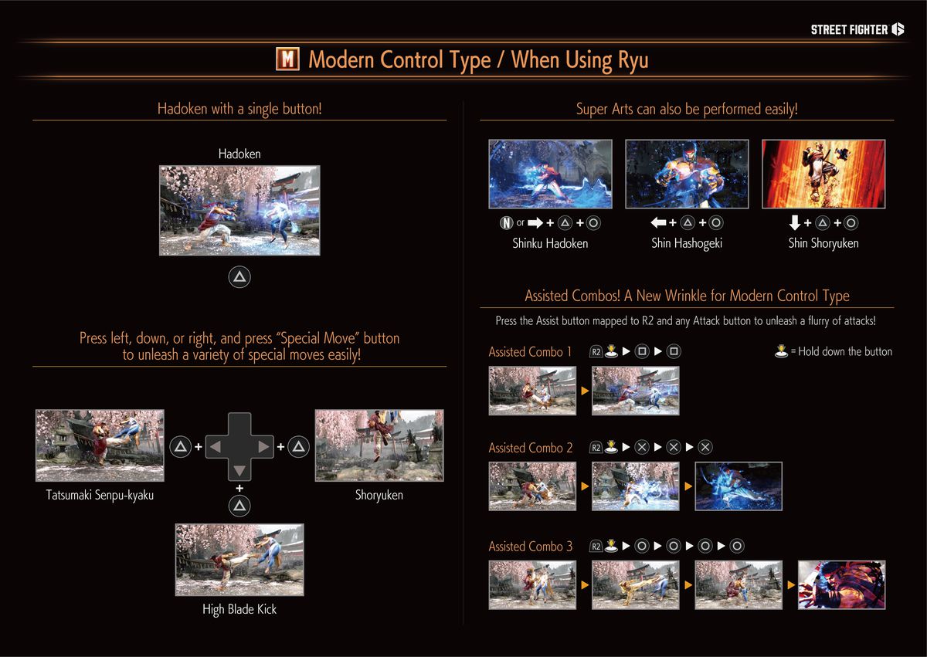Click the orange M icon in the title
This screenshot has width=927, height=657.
(x=287, y=59)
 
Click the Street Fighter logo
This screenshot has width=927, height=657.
(x=857, y=30)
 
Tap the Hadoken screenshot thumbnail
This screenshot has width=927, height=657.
(x=239, y=210)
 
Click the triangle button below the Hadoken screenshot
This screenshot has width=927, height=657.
(x=239, y=277)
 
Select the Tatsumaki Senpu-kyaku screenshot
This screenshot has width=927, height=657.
(x=100, y=445)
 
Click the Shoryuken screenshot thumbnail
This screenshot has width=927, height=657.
(x=379, y=445)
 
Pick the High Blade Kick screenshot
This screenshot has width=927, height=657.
(x=239, y=560)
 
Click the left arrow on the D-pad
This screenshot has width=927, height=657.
(x=217, y=446)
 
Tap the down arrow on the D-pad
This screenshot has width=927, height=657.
(x=239, y=470)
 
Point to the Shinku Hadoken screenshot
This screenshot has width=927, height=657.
(x=550, y=174)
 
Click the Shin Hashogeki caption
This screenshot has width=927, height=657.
(x=686, y=243)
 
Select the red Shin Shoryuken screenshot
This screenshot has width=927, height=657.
(x=823, y=174)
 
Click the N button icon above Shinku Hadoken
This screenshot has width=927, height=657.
(x=506, y=223)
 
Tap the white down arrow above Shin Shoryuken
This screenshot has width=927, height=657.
(x=795, y=223)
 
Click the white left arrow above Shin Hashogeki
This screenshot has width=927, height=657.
(x=658, y=223)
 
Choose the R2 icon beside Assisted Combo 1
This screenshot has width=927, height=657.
(x=596, y=352)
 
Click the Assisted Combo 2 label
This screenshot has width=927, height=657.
(x=531, y=448)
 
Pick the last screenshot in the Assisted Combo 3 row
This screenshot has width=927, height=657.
(x=841, y=584)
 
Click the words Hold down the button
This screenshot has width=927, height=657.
(x=845, y=352)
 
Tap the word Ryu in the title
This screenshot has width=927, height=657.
(x=633, y=60)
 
